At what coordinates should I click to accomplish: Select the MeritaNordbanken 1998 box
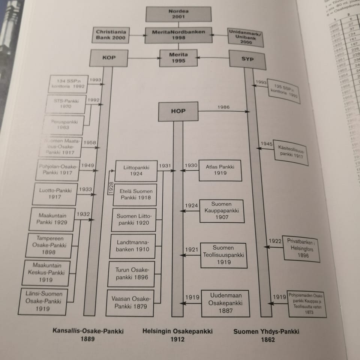pyautogui.click(x=178, y=35)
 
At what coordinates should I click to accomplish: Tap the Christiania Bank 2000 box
pyautogui.click(x=110, y=35)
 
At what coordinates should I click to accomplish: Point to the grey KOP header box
pyautogui.click(x=109, y=58)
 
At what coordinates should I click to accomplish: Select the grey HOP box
pyautogui.click(x=178, y=111)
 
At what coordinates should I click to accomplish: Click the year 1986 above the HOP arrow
pyautogui.click(x=223, y=108)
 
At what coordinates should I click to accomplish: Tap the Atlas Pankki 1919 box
pyautogui.click(x=220, y=171)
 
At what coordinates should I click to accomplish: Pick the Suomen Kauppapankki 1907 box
pyautogui.click(x=222, y=211)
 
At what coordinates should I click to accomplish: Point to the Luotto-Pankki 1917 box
pyautogui.click(x=55, y=193)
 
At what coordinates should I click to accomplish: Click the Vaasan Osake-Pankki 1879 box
pyautogui.click(x=130, y=303)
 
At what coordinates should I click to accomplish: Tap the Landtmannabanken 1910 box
pyautogui.click(x=132, y=246)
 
